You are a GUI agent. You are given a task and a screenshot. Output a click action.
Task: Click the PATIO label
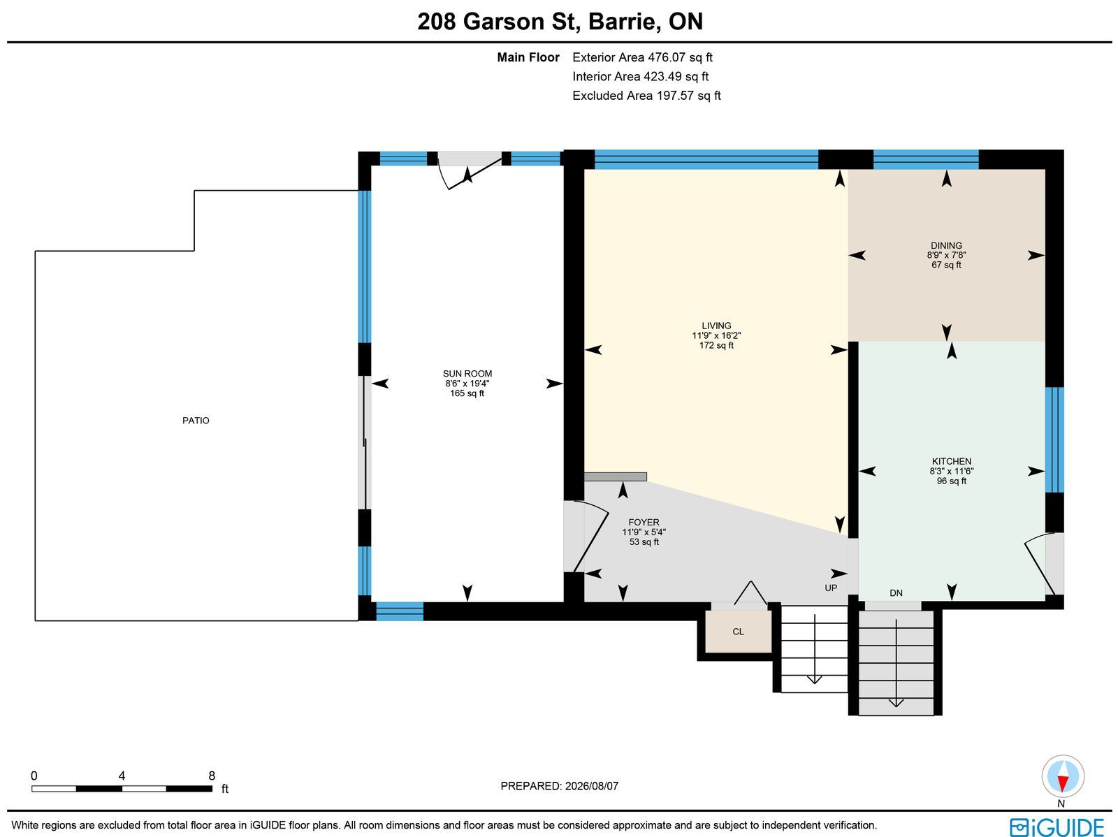(x=196, y=421)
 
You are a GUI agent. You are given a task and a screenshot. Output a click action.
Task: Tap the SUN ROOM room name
(x=467, y=374)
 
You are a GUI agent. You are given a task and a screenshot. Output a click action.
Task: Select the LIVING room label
(x=716, y=326)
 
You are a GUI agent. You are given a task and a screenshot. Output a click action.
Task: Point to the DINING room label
(x=946, y=245)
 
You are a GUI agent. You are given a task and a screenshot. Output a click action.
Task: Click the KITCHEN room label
(x=952, y=461)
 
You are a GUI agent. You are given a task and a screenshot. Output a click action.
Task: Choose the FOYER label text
(x=644, y=523)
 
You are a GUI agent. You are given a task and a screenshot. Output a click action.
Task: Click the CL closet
(x=738, y=632)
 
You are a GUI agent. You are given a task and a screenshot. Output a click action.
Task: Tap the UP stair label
(x=831, y=588)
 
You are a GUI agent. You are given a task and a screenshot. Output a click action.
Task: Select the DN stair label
(x=896, y=593)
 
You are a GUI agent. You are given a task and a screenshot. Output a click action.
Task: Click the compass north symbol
(x=1063, y=777)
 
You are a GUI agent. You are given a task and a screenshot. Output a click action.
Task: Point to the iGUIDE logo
(x=1057, y=827)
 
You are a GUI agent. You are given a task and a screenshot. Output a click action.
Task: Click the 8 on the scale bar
(x=212, y=776)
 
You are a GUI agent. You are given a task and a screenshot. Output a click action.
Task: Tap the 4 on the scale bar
(x=122, y=776)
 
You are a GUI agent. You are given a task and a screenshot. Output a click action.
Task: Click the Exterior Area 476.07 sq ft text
(x=642, y=57)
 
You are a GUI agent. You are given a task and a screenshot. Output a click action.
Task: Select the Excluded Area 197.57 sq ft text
(x=646, y=96)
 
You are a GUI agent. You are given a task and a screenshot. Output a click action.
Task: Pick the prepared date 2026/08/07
(x=592, y=786)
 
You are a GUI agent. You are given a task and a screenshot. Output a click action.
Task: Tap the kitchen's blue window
(x=1054, y=440)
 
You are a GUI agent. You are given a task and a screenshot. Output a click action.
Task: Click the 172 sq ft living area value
(x=716, y=346)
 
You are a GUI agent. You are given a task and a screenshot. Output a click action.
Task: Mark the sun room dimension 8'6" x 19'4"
(x=467, y=384)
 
